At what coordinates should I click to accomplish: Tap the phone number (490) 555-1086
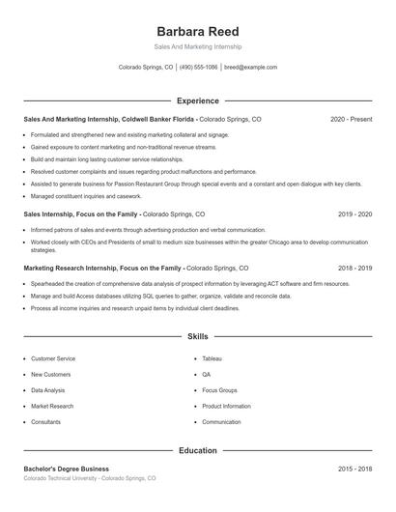point(200,68)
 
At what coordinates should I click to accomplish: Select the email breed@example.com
point(250,68)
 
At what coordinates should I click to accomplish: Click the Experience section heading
point(197,100)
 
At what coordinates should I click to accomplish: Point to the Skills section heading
point(197,337)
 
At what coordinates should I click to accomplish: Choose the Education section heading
point(197,450)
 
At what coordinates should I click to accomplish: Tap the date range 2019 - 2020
point(354,213)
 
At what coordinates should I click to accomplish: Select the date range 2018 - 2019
point(354,268)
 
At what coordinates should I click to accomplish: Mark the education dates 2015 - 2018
point(354,469)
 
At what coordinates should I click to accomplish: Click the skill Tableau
point(212,358)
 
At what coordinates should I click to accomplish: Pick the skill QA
point(207,374)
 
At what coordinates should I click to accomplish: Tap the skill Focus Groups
point(220,390)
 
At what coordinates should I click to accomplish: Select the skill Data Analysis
point(48,390)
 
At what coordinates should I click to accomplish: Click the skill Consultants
point(45,422)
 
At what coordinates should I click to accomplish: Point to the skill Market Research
point(52,406)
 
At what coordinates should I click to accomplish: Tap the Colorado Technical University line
point(89,479)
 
